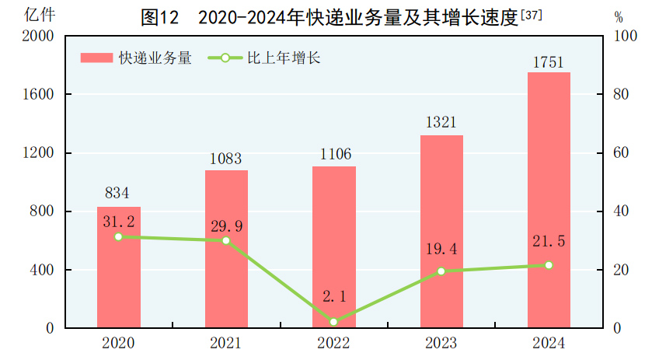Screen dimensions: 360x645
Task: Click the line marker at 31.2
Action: pyautogui.click(x=118, y=236)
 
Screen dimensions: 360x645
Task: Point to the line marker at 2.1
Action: pyautogui.click(x=334, y=322)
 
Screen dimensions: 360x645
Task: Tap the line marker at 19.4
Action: pyautogui.click(x=441, y=271)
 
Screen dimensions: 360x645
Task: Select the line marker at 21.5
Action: pyautogui.click(x=549, y=265)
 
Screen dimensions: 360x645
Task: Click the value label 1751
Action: pyautogui.click(x=548, y=63)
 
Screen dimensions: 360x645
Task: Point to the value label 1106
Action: pyautogui.click(x=334, y=154)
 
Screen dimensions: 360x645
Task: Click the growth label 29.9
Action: pyautogui.click(x=226, y=226)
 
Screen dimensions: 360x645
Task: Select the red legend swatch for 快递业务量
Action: pyautogui.click(x=96, y=58)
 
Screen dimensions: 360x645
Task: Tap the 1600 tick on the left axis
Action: pyautogui.click(x=38, y=94)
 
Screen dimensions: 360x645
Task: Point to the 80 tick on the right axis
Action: pyautogui.click(x=619, y=94)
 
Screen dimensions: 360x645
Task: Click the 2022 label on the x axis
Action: pyautogui.click(x=334, y=343)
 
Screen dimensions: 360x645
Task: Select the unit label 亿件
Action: pyautogui.click(x=39, y=15)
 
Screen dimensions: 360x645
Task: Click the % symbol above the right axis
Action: pyautogui.click(x=619, y=16)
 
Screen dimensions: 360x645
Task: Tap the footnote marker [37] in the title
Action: pyautogui.click(x=531, y=13)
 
